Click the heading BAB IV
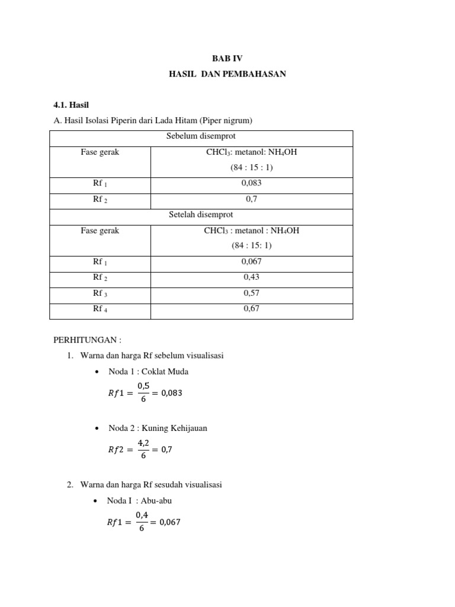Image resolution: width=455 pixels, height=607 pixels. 227,58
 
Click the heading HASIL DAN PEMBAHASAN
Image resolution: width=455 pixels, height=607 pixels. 227,74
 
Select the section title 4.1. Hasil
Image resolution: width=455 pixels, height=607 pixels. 71,105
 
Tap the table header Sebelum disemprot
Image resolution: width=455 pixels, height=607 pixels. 201,136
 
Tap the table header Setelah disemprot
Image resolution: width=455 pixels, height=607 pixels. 201,215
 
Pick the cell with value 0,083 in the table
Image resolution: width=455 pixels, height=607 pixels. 252,184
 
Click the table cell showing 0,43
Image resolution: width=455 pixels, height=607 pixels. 252,277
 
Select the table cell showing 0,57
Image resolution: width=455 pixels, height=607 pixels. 252,293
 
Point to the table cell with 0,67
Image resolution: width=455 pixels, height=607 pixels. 252,308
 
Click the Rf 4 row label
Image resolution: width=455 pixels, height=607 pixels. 100,308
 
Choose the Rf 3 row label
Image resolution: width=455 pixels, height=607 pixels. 100,293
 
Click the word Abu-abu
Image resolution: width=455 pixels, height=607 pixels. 156,500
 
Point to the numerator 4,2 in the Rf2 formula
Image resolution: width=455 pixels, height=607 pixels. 143,443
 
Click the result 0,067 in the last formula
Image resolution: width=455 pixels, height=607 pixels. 168,522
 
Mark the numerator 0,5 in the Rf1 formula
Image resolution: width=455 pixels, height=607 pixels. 143,386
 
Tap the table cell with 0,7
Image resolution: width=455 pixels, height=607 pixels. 252,200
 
